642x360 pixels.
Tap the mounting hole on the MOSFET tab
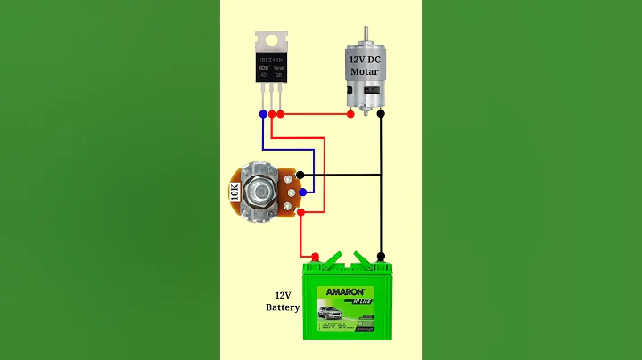271,39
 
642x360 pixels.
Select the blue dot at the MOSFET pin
262,114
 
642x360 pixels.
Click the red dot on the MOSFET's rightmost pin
281,114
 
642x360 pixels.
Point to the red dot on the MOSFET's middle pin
272,114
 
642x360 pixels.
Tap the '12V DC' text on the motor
364,59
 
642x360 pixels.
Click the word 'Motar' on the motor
364,71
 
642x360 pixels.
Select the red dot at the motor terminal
351,114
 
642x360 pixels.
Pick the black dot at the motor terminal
381,114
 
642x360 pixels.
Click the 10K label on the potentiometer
235,194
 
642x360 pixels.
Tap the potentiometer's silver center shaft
261,192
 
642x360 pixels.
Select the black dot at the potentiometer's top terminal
301,175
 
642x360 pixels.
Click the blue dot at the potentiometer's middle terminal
303,192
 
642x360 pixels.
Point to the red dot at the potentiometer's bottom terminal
301,212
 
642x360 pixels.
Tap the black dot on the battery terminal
381,257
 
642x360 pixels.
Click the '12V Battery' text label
283,300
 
